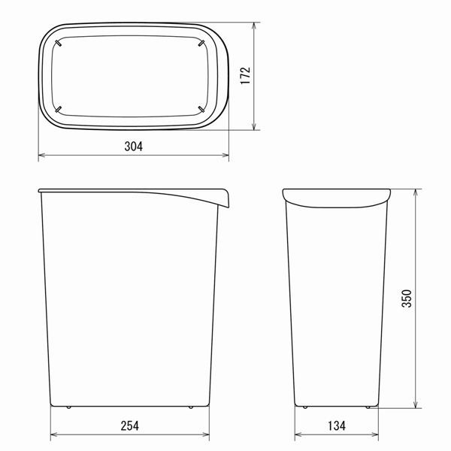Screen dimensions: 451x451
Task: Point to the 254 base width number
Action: (x=129, y=425)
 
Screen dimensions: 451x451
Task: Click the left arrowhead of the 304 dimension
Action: (x=41, y=156)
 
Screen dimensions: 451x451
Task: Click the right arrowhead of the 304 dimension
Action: (x=229, y=156)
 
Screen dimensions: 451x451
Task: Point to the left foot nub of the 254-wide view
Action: (x=68, y=407)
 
